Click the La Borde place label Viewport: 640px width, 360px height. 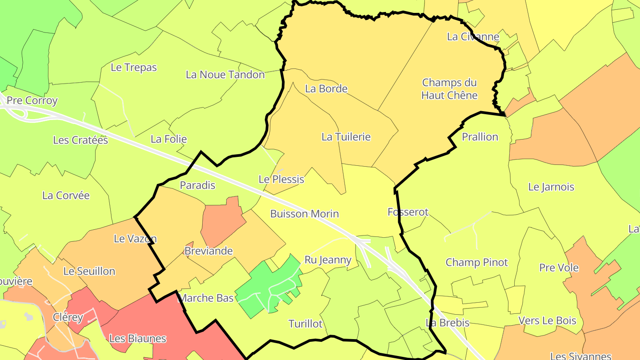click(326, 88)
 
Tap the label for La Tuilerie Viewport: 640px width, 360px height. click(346, 137)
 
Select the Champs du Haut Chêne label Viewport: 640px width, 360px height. click(449, 89)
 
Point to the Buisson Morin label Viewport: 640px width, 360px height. click(304, 214)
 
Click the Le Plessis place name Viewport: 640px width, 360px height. click(281, 180)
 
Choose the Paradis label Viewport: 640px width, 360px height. click(197, 185)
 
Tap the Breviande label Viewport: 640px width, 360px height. click(208, 251)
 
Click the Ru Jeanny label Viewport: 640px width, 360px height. click(328, 260)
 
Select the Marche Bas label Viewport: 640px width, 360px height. click(206, 298)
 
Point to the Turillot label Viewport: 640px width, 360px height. click(305, 324)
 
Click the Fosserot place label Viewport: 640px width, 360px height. click(408, 212)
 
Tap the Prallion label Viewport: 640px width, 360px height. click(480, 137)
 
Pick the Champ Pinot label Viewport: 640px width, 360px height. click(476, 262)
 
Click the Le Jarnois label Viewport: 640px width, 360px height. click(551, 187)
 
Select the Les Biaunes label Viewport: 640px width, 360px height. click(137, 339)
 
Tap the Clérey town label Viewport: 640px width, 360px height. click(68, 317)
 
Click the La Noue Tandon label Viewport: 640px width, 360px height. click(225, 75)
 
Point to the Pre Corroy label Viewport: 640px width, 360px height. click(32, 100)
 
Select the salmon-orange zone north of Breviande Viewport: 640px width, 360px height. click(222, 220)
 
